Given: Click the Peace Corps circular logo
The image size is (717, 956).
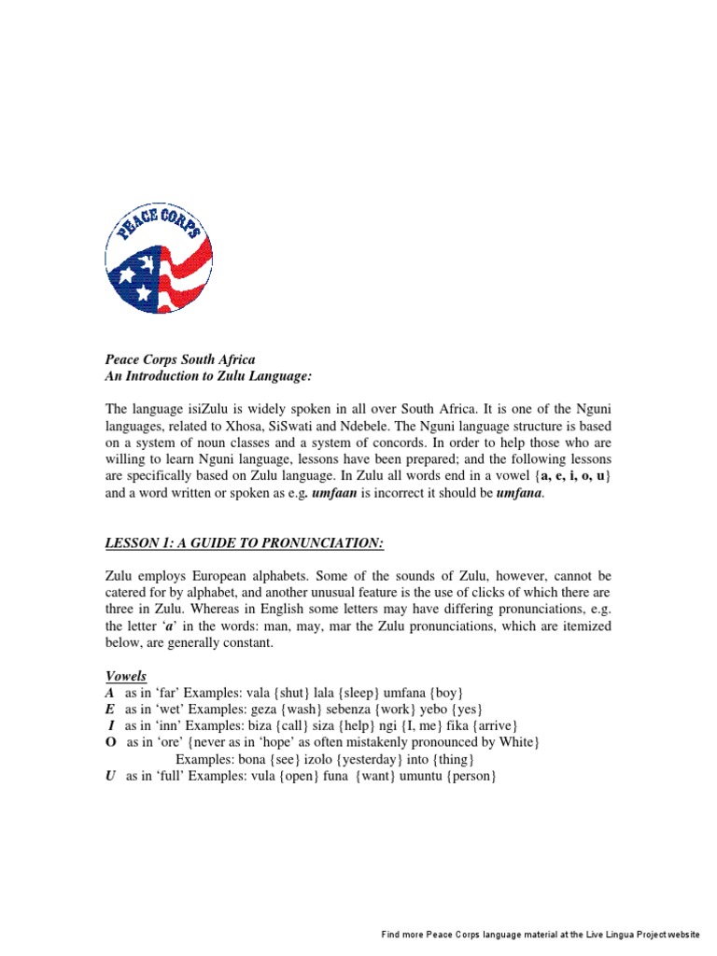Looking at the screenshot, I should click(x=159, y=260).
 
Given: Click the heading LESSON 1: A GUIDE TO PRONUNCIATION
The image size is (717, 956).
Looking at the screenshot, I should click(x=244, y=544).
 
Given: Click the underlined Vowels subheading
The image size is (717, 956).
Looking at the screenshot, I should click(x=125, y=676).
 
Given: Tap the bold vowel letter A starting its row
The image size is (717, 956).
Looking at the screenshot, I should click(x=109, y=693).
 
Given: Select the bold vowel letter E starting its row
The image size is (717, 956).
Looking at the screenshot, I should click(x=109, y=710).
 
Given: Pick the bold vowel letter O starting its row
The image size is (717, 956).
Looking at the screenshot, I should click(x=110, y=742).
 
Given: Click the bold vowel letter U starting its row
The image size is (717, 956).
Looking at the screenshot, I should click(x=109, y=776).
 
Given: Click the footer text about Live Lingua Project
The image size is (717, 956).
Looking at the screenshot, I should click(x=540, y=935).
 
